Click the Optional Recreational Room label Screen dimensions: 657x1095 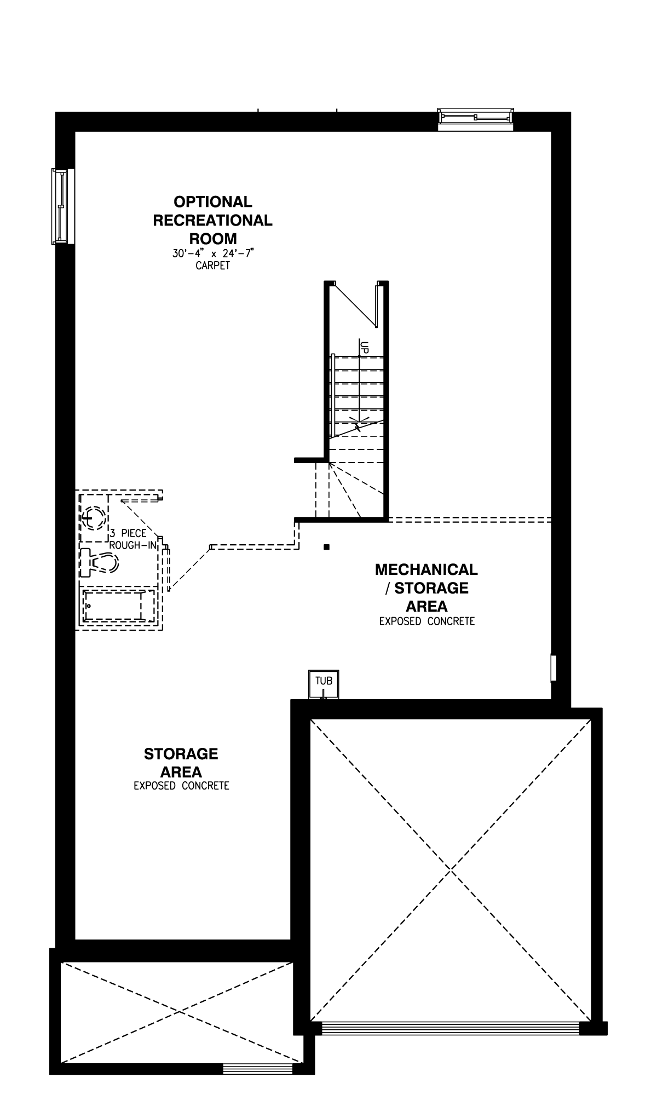pos(212,220)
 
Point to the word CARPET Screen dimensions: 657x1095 pos(212,266)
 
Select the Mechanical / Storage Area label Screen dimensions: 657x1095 pos(426,587)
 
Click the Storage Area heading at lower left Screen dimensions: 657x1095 pos(181,763)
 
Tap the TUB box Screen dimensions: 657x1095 pos(324,684)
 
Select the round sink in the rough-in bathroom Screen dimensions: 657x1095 pos(94,517)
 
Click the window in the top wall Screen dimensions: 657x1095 pos(475,119)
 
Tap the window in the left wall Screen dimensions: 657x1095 pos(62,206)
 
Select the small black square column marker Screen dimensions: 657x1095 pos(326,546)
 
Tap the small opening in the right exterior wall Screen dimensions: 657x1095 pos(554,668)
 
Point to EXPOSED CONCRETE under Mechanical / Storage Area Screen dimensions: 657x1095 pos(427,621)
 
